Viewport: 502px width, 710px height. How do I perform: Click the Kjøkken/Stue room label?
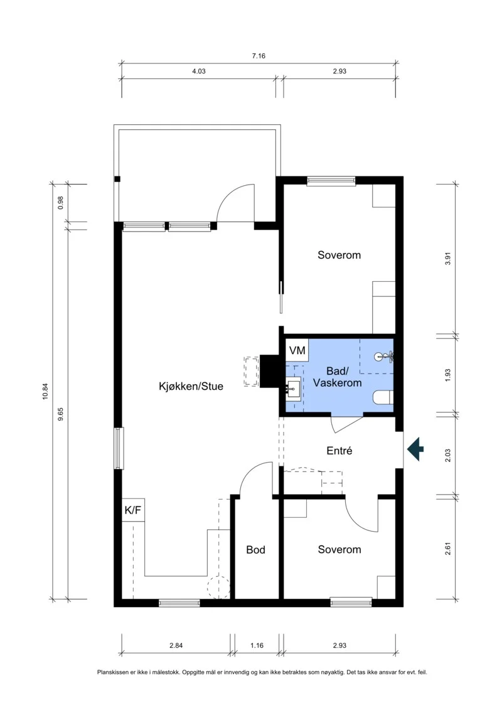[191, 386]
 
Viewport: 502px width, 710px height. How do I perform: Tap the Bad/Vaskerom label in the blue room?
[337, 377]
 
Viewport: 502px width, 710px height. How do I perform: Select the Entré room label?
[339, 451]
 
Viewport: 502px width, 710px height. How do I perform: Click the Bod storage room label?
[256, 550]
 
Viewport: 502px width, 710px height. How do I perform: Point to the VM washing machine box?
[297, 350]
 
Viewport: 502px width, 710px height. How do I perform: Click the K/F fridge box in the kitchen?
[133, 510]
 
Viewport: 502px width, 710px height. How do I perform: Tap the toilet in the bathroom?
[383, 398]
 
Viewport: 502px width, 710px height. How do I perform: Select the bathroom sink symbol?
[293, 387]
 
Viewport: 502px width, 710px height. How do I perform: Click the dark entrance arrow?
[415, 449]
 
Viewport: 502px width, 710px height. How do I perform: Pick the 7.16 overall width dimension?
[259, 56]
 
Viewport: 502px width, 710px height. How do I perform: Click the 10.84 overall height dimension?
[45, 391]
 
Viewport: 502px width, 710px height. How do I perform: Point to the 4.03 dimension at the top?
[199, 71]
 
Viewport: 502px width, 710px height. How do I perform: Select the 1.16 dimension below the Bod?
[257, 645]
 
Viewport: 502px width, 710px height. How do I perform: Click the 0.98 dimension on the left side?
[61, 202]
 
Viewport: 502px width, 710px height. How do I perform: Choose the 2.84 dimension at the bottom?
[176, 645]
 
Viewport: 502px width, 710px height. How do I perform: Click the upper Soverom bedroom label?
[339, 255]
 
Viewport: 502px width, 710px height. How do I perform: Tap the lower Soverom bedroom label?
[339, 550]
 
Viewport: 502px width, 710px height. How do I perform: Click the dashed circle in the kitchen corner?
[218, 587]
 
